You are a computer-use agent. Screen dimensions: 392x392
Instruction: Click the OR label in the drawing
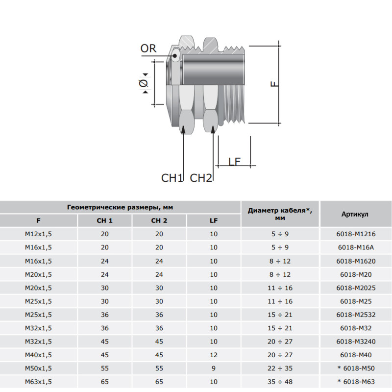148,48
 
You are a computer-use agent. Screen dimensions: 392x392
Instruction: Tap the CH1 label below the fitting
172,178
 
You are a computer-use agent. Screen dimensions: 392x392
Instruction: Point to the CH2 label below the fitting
201,178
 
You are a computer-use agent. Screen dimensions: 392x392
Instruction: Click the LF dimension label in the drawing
234,162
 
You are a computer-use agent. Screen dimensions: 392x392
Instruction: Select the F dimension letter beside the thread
274,84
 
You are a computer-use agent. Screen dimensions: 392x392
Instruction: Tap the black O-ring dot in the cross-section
175,56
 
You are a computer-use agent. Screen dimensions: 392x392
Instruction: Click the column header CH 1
104,220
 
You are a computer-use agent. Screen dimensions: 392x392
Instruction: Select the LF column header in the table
214,220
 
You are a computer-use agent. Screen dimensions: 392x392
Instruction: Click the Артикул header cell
355,214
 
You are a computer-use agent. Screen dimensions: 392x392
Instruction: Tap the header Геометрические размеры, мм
120,207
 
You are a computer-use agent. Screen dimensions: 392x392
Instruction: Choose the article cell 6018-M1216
356,234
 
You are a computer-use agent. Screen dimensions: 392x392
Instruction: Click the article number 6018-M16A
356,247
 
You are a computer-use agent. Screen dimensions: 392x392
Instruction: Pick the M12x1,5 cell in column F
38,234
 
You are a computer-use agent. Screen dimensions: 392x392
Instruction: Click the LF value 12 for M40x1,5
214,355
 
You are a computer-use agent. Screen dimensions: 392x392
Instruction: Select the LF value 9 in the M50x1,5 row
214,368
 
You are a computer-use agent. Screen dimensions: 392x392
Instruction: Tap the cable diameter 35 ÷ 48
280,382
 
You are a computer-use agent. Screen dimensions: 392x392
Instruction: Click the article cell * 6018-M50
356,368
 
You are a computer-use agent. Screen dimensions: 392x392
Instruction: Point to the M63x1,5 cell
38,382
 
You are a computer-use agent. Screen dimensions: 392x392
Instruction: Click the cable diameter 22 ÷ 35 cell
280,368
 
